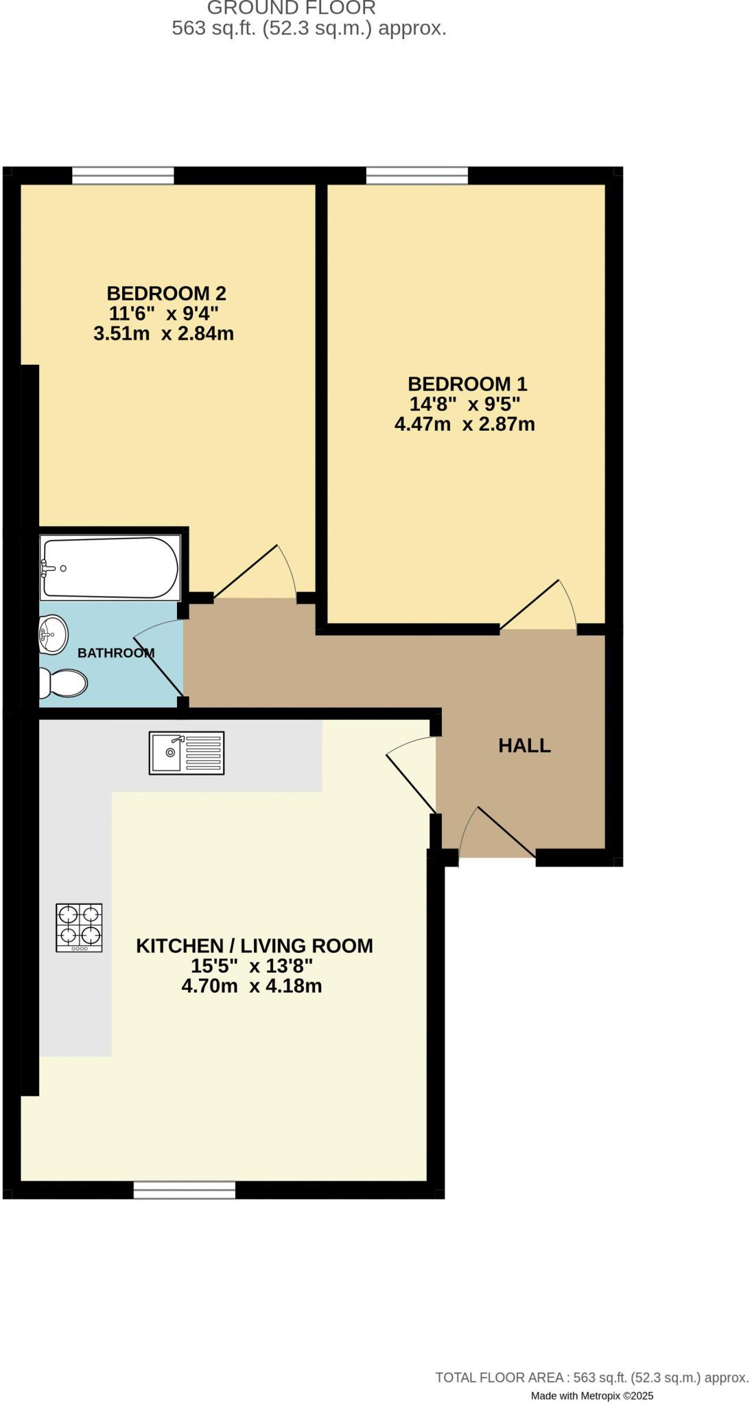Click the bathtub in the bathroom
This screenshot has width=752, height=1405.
(x=110, y=567)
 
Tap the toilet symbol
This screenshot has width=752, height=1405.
(x=64, y=683)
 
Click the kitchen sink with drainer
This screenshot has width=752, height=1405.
(x=187, y=753)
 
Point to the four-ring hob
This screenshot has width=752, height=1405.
(x=79, y=928)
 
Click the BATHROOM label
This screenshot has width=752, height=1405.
(x=115, y=653)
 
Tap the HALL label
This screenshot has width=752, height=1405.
(x=524, y=746)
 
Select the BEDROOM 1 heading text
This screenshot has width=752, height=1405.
(x=467, y=383)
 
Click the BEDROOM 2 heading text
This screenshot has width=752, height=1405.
(x=166, y=294)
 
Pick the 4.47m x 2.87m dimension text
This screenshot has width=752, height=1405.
(x=465, y=424)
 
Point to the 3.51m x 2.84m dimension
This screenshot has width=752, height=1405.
(x=163, y=334)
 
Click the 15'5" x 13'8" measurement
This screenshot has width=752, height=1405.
(x=251, y=966)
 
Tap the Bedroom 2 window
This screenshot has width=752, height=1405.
(x=123, y=176)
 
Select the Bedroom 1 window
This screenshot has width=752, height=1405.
(x=416, y=176)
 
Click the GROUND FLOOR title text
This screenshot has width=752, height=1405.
(x=291, y=8)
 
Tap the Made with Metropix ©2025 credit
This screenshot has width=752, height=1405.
(x=591, y=1395)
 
